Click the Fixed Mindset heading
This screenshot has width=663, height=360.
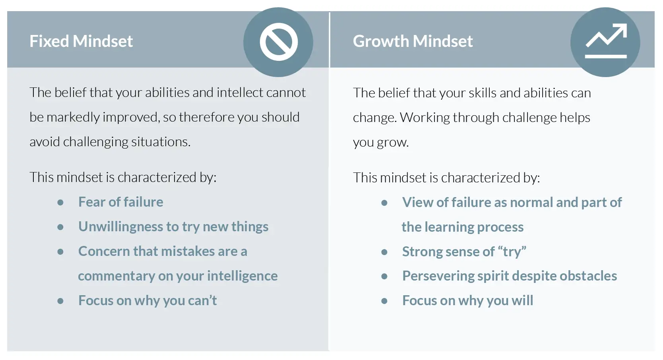[x=81, y=41]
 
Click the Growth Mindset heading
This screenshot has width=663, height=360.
[x=413, y=41]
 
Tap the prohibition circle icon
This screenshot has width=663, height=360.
[x=279, y=42]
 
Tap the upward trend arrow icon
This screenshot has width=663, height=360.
[x=606, y=41]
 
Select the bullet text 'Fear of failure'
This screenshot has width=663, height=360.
[x=121, y=202]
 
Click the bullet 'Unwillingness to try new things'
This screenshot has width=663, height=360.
[x=173, y=227]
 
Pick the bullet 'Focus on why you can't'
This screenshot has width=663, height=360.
[x=147, y=300]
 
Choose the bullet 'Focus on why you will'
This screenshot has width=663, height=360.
[x=468, y=300]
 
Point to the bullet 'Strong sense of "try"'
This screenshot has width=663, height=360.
[x=464, y=252]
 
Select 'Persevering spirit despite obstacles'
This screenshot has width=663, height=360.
[x=510, y=276]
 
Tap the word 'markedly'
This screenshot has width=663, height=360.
[x=73, y=118]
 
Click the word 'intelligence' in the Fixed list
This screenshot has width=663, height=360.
[x=242, y=276]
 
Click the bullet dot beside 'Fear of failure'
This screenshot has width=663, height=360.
[x=60, y=203]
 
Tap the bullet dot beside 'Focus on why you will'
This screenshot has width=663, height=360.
[x=384, y=301]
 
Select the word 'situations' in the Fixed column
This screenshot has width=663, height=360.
[x=161, y=142]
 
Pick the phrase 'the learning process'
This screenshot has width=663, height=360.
[x=463, y=227]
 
